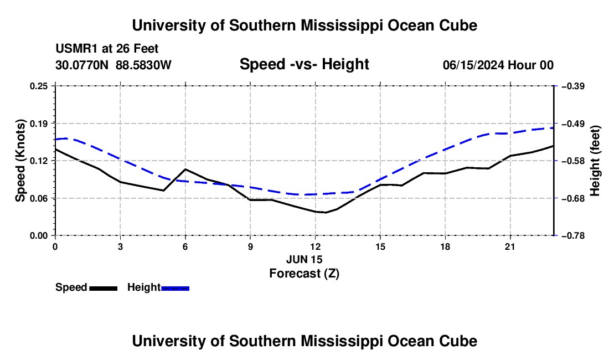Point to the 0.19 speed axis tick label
click(x=38, y=124)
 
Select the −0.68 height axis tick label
click(x=573, y=198)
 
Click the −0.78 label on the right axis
click(x=573, y=236)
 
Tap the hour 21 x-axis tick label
click(x=510, y=246)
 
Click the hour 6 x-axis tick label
click(x=185, y=246)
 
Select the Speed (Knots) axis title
click(x=20, y=161)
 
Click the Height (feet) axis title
click(x=595, y=161)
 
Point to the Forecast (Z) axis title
click(x=304, y=274)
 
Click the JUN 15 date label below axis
click(x=304, y=259)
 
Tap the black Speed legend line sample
click(x=104, y=289)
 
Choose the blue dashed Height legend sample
click(x=175, y=289)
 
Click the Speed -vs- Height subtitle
click(x=304, y=64)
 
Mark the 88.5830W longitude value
click(x=144, y=65)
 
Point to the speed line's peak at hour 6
click(x=185, y=169)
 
